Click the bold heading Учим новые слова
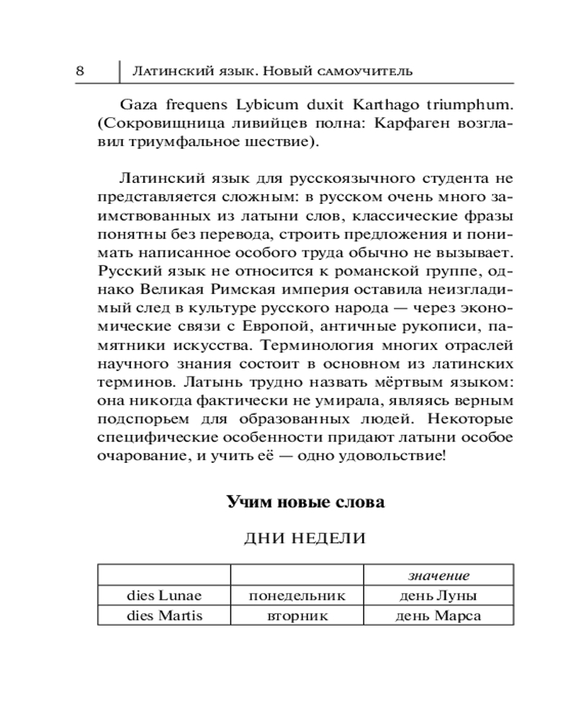[305, 502]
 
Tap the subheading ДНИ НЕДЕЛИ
[305, 539]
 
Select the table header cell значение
[438, 575]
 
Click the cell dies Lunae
[163, 595]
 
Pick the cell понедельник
[297, 595]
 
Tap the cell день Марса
[438, 616]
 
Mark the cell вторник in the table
[297, 616]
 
